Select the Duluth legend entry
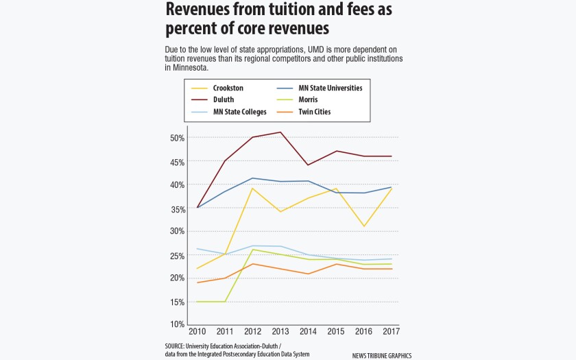click(x=224, y=100)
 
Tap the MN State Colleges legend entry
click(x=239, y=112)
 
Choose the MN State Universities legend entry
click(x=330, y=88)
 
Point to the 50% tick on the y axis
click(x=176, y=138)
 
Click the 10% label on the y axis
click(x=176, y=324)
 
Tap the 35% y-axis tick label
click(x=176, y=208)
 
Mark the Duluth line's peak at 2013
click(x=280, y=132)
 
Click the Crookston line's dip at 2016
click(x=363, y=226)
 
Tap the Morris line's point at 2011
click(x=225, y=301)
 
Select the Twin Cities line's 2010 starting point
click(x=197, y=283)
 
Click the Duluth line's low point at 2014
click(x=308, y=165)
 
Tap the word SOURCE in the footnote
click(x=177, y=346)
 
